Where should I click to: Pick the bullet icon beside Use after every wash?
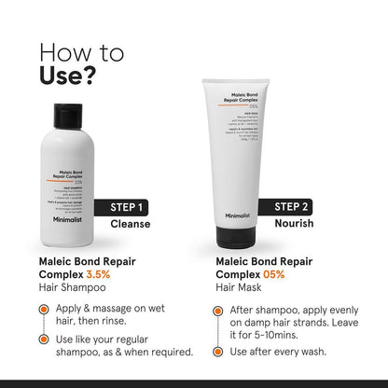click(x=218, y=352)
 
